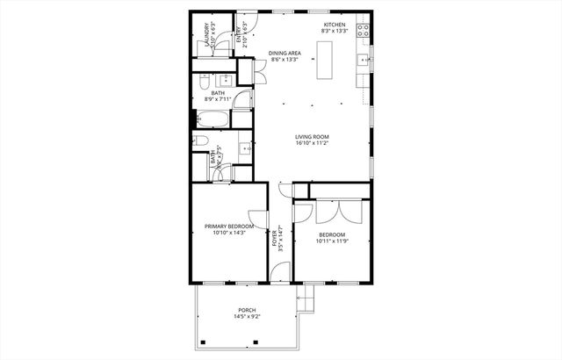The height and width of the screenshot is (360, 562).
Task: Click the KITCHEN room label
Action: tap(335, 24)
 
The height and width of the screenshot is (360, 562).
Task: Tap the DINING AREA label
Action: tap(285, 54)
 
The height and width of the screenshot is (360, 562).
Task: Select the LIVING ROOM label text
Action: tap(312, 136)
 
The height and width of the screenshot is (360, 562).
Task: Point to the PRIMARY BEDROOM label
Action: tap(229, 227)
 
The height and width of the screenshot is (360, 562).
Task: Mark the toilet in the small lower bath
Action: tap(202, 140)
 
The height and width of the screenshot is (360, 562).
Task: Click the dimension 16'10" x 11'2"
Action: tap(312, 144)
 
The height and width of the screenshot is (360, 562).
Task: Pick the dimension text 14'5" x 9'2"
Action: tap(248, 317)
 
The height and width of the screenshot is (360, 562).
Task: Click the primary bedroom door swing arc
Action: tap(255, 219)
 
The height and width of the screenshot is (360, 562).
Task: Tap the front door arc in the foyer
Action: tap(281, 192)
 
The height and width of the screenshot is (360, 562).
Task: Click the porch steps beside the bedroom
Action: tap(305, 302)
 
